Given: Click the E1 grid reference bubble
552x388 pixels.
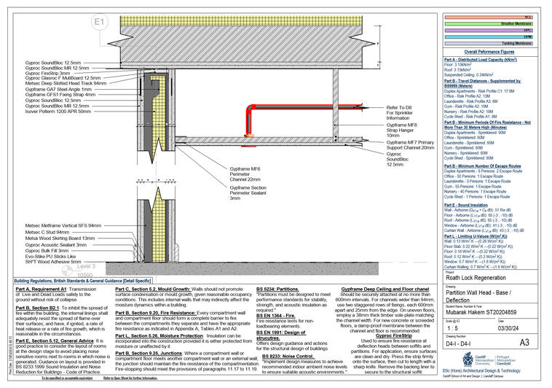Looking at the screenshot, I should [100, 21].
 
